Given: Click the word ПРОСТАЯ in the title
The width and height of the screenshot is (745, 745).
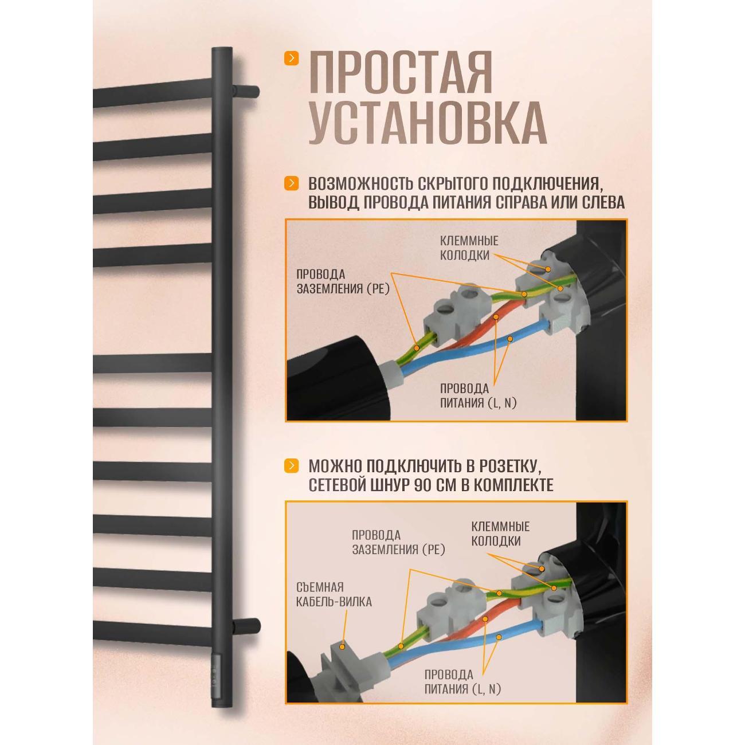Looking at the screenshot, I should (x=400, y=72).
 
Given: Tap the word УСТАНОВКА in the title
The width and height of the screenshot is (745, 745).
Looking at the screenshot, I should (x=427, y=123).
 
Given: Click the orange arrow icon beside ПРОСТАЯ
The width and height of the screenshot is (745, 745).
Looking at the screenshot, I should (x=292, y=58).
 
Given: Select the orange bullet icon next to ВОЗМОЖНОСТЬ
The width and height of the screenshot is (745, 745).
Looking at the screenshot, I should (x=292, y=183).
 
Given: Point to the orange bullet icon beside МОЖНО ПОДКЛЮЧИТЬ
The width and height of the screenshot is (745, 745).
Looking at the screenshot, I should (x=292, y=465).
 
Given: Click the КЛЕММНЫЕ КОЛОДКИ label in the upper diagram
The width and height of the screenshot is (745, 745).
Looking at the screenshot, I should (x=469, y=248).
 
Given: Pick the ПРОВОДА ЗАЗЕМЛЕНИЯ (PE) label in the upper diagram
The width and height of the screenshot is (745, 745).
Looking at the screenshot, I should (x=343, y=281).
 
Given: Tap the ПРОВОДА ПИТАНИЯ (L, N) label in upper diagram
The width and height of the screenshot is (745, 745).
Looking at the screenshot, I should (x=478, y=395).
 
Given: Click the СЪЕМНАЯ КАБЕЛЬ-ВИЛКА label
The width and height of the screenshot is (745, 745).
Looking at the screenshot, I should (x=335, y=594).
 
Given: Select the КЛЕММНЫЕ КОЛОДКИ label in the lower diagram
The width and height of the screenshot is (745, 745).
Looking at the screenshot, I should (x=500, y=533).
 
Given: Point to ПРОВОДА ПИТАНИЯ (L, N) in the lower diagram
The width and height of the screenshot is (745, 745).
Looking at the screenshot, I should (x=462, y=681).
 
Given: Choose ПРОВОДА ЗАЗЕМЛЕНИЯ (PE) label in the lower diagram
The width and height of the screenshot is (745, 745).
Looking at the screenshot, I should (x=398, y=542).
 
